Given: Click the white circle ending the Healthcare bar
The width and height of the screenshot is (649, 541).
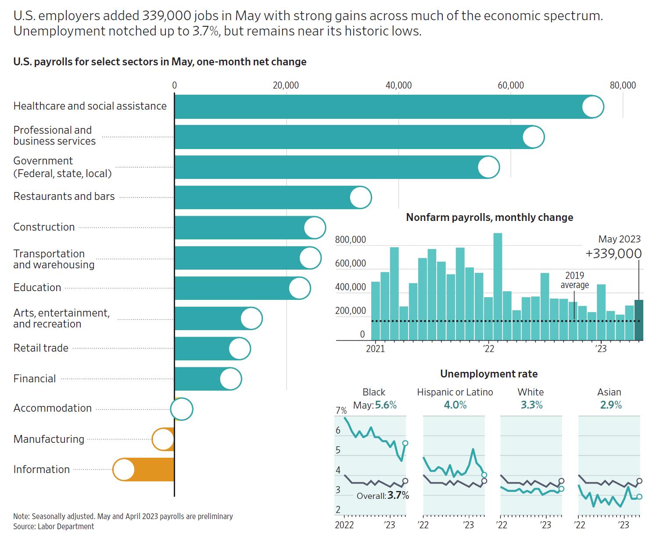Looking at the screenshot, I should tap(592, 107).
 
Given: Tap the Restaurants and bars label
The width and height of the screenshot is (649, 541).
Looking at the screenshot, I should tap(64, 196).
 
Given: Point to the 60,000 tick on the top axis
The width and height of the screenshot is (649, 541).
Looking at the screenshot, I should tap(511, 85).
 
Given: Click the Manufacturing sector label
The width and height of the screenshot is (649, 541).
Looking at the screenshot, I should tap(49, 439).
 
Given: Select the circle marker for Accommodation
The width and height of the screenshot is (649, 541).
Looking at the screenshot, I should tap(182, 409).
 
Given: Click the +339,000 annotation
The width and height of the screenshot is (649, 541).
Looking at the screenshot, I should tap(613, 253).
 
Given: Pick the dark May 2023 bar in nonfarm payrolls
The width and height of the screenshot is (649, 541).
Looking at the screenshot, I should tap(639, 320).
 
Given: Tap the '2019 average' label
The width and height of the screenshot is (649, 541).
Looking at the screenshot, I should tap(574, 280).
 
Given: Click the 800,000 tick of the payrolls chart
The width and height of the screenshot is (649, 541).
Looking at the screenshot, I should tap(350, 240).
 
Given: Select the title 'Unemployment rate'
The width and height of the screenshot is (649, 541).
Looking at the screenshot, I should tap(489, 374).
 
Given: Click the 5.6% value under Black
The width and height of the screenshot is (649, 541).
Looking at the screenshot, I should tap(386, 405).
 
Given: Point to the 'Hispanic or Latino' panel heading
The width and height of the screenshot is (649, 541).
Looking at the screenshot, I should tap(455, 392).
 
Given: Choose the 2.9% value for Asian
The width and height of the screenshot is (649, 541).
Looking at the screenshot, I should tap(611, 405).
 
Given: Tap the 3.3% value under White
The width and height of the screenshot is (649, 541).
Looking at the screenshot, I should tap(531, 405).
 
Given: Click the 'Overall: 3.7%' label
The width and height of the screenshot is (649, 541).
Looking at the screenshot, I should tap(383, 496).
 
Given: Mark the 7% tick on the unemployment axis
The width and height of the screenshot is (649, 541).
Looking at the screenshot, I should tap(341, 411).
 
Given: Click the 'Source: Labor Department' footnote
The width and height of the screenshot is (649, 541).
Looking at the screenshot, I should tap(54, 527).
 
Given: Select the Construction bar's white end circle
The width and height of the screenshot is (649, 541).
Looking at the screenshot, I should tap(315, 228).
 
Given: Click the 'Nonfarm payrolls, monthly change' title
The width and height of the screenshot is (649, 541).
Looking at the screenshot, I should tap(489, 217).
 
